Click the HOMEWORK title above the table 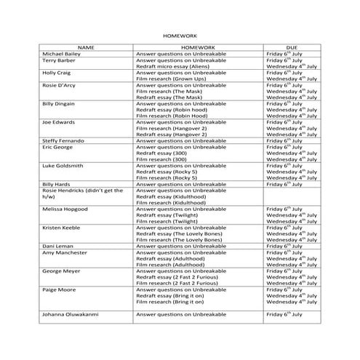(x=180, y=34)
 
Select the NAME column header (x=87, y=47)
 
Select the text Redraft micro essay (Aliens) (x=172, y=67)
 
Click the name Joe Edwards (x=60, y=122)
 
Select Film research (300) (x=161, y=159)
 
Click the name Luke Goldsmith (x=64, y=166)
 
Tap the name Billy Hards (x=57, y=185)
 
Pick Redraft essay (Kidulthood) (x=171, y=197)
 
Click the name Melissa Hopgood (x=66, y=209)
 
